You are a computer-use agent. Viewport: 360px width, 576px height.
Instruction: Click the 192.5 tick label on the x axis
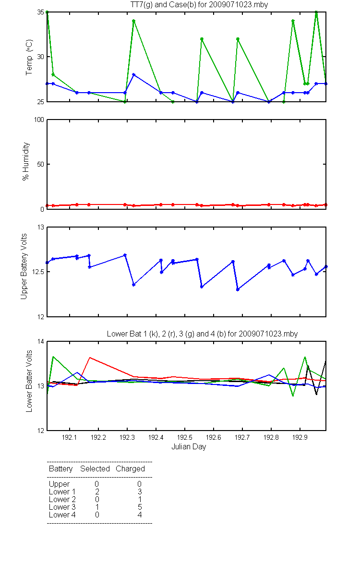click(x=185, y=437)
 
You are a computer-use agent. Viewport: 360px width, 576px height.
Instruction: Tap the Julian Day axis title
click(x=189, y=447)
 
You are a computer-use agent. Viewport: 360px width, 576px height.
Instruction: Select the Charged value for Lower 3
click(x=140, y=507)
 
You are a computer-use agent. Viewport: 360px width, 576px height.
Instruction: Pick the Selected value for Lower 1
click(x=97, y=492)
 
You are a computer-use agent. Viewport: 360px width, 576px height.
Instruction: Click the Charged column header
click(x=130, y=469)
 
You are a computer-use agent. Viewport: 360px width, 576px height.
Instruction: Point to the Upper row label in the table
click(x=59, y=484)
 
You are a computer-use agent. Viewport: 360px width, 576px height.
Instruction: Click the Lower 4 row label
click(x=62, y=515)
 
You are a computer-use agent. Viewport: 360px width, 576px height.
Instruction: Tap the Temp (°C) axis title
click(x=29, y=57)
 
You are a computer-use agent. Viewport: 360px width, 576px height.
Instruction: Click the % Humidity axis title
click(x=26, y=161)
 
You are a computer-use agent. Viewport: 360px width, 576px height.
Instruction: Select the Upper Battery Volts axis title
click(x=24, y=266)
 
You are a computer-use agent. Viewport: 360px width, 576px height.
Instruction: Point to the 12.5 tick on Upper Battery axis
click(x=38, y=272)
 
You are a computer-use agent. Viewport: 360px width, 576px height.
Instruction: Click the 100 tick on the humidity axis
click(x=39, y=120)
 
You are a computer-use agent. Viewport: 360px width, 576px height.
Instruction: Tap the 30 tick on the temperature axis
click(x=41, y=57)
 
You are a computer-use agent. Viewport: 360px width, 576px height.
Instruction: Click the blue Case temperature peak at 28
click(x=134, y=74)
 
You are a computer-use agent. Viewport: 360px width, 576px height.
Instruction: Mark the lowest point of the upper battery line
click(x=238, y=289)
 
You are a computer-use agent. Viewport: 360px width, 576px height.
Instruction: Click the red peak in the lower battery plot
click(x=89, y=358)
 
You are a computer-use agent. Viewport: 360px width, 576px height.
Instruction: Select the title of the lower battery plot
click(x=202, y=334)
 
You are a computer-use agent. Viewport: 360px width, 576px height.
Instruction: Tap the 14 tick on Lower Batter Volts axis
click(x=41, y=341)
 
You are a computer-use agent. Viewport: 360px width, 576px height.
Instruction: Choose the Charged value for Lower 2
click(x=140, y=499)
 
